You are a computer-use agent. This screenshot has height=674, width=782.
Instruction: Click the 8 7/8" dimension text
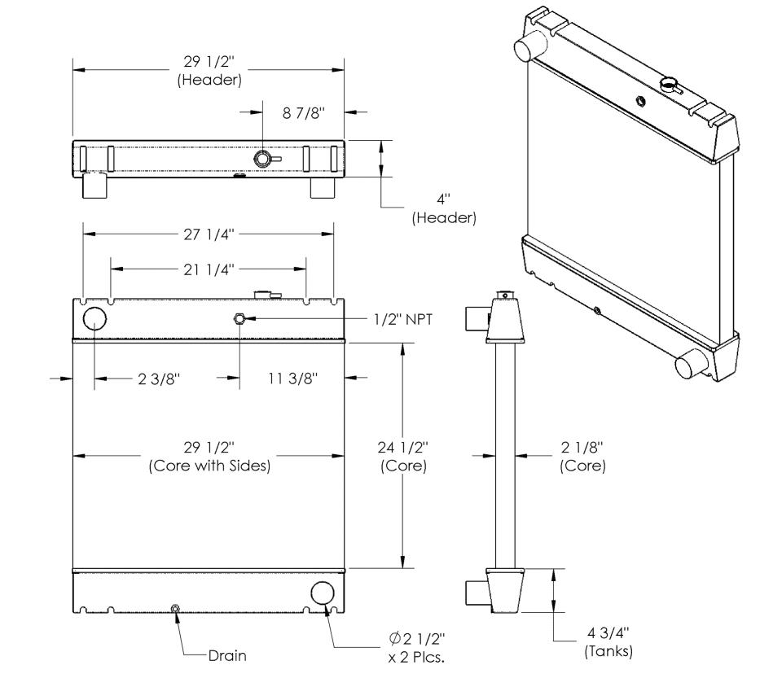(304, 113)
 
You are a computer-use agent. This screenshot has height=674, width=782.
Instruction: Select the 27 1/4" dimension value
(209, 234)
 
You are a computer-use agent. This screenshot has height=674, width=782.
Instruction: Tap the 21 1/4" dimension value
(209, 269)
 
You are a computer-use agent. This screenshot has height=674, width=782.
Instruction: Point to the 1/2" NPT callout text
(403, 319)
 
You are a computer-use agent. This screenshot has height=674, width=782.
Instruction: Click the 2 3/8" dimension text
(159, 379)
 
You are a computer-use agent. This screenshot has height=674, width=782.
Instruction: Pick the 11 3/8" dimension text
(292, 379)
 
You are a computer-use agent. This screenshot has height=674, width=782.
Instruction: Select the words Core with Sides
(209, 466)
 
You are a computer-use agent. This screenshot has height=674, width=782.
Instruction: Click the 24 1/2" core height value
(403, 448)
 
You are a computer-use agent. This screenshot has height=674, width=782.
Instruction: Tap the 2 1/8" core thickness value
(582, 447)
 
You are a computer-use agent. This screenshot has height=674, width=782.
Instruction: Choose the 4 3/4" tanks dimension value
(608, 633)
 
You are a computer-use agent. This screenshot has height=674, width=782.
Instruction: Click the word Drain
(227, 655)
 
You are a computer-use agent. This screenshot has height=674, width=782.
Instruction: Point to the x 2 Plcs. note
(416, 658)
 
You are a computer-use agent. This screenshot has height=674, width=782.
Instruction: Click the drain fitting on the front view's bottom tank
(175, 609)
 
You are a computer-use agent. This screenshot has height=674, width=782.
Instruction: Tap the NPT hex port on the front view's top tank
(239, 318)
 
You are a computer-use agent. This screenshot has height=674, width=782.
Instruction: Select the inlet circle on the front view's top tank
(94, 318)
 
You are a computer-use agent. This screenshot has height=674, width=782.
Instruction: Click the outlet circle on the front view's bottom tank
(323, 593)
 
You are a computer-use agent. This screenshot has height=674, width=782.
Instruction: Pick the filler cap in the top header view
(263, 159)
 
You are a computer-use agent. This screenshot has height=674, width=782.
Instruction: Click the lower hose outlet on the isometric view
(691, 363)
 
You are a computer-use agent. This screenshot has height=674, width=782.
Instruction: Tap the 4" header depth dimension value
(443, 199)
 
